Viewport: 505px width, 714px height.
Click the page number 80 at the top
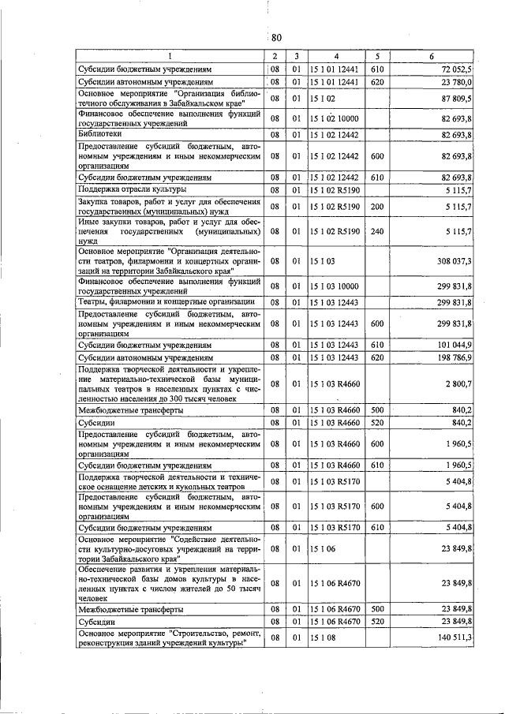click(275, 38)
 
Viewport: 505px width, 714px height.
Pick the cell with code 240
click(377, 231)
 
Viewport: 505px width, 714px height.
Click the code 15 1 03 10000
click(336, 286)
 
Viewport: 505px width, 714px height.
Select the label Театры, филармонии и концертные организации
click(165, 301)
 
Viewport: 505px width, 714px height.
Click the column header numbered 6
click(431, 57)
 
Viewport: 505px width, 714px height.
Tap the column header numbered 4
click(335, 57)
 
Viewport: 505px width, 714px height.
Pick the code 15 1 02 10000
click(336, 118)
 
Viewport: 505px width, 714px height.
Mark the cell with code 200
click(377, 206)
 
